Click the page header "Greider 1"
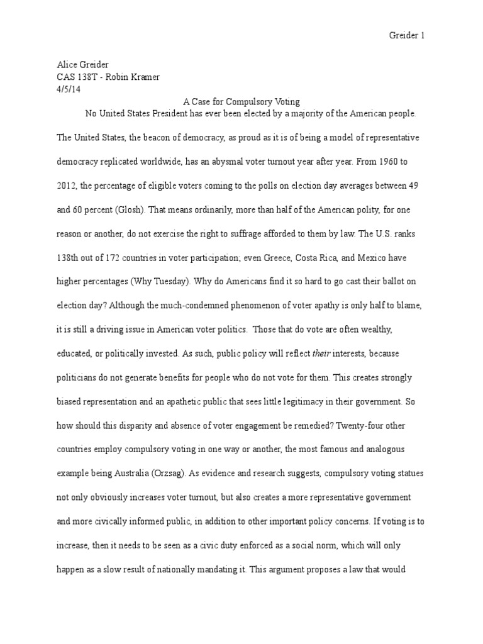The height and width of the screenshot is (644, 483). pyautogui.click(x=407, y=36)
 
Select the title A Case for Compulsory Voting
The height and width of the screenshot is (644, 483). pyautogui.click(x=241, y=101)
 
